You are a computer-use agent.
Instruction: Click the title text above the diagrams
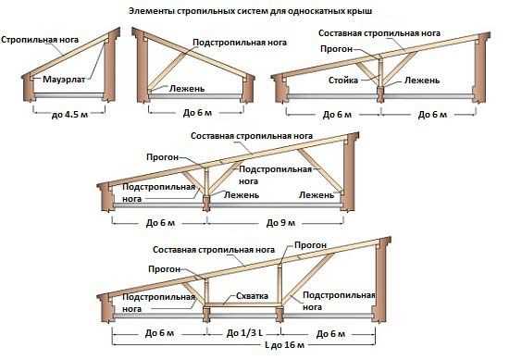pos(250,11)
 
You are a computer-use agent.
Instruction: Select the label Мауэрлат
pos(64,80)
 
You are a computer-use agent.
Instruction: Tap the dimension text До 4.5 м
pos(69,114)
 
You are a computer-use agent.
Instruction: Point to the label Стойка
pos(343,81)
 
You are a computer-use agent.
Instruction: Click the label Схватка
pos(253,296)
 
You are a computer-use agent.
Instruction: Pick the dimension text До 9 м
pos(280,223)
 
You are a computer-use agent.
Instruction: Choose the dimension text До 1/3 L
pos(244,333)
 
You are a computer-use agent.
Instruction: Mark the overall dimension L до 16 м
pos(284,344)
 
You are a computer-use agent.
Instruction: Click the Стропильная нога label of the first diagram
pos(40,40)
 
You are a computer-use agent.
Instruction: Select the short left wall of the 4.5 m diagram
pos(29,88)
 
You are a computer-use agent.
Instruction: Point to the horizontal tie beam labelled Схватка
pos(242,304)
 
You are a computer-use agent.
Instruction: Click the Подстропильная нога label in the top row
pos(240,43)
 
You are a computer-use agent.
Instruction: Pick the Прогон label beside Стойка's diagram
pos(336,49)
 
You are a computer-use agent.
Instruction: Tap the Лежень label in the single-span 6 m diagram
pos(187,88)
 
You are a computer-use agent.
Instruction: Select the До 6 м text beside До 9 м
pos(160,223)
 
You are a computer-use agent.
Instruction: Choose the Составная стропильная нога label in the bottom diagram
pos(214,250)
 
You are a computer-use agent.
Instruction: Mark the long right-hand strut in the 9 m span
pos(320,171)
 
